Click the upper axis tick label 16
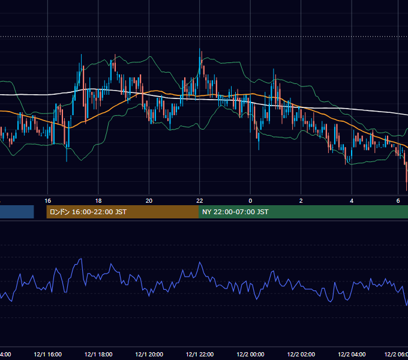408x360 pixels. [47, 201]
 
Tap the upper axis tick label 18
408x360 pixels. [98, 201]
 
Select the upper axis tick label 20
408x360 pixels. [149, 201]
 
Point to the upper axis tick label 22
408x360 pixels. [200, 201]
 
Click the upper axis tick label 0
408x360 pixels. [250, 201]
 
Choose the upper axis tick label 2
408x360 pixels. [301, 201]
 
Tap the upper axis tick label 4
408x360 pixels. [352, 201]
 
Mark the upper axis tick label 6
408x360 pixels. [398, 201]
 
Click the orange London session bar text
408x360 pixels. [88, 212]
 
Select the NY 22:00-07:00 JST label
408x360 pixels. [235, 212]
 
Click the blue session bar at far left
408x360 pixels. [17, 212]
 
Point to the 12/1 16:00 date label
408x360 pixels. [47, 354]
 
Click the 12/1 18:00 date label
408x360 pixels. [98, 354]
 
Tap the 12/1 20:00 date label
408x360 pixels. [149, 354]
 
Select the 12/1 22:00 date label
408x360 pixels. [200, 354]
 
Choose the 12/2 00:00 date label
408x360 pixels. [250, 354]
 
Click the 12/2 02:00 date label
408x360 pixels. [301, 354]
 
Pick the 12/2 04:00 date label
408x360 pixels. [352, 354]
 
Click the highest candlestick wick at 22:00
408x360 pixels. [200, 49]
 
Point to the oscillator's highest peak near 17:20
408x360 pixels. [81, 259]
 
